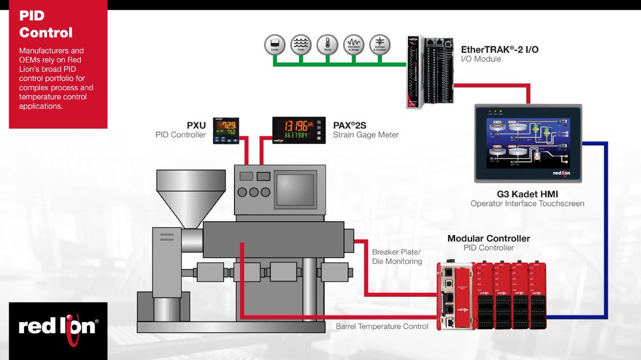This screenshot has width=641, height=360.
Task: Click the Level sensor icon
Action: point(275,44)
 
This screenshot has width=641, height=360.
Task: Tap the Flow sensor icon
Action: point(301,44)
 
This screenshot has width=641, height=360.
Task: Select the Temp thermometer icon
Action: point(327,44)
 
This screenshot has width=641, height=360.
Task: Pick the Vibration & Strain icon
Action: point(353,44)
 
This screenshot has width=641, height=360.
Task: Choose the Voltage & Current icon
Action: point(380,44)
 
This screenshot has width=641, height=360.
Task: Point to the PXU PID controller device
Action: point(225,130)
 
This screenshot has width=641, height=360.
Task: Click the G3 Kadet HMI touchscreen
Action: point(528,143)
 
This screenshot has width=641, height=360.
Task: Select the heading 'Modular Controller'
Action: point(489,238)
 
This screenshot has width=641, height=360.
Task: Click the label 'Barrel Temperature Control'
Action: point(382,326)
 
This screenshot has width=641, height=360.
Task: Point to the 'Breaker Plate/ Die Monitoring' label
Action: point(397,256)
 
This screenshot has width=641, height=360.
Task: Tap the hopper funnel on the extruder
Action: point(190,190)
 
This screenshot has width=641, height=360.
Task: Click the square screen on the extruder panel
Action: point(294,189)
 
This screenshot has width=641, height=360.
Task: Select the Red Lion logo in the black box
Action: point(58,326)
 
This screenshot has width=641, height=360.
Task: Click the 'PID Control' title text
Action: point(46,25)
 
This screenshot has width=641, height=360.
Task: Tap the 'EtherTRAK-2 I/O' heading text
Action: point(499,50)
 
